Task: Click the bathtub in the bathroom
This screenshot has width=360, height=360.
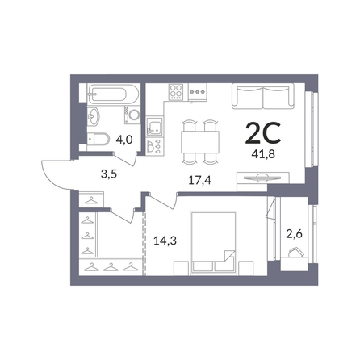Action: (x=113, y=94)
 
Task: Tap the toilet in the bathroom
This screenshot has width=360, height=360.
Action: (x=98, y=139)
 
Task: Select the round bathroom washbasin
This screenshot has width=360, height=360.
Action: (x=94, y=116)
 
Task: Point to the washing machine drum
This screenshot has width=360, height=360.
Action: (x=134, y=115)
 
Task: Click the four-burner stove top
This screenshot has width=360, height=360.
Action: (x=176, y=91)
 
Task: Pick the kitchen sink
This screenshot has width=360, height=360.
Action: (x=155, y=128)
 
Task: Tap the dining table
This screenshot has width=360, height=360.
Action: (x=200, y=142)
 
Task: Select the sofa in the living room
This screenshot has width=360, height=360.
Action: (x=263, y=96)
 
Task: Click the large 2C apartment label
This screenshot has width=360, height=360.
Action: (x=263, y=133)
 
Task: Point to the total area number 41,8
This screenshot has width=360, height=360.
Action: (x=263, y=154)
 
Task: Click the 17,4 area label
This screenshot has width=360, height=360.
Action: (x=200, y=180)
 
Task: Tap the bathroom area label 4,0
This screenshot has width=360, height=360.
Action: (x=124, y=140)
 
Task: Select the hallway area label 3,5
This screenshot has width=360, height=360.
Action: (x=109, y=174)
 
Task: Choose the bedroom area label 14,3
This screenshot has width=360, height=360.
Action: (x=165, y=241)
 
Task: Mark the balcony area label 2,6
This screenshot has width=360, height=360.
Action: (x=294, y=234)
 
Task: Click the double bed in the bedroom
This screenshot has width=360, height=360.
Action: (x=213, y=243)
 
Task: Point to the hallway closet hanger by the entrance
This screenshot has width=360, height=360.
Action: (x=91, y=200)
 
